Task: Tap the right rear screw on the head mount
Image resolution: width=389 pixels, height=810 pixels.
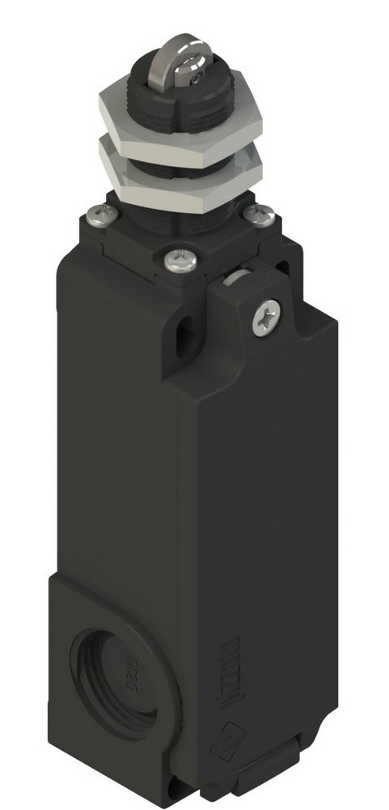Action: (x=259, y=214)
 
